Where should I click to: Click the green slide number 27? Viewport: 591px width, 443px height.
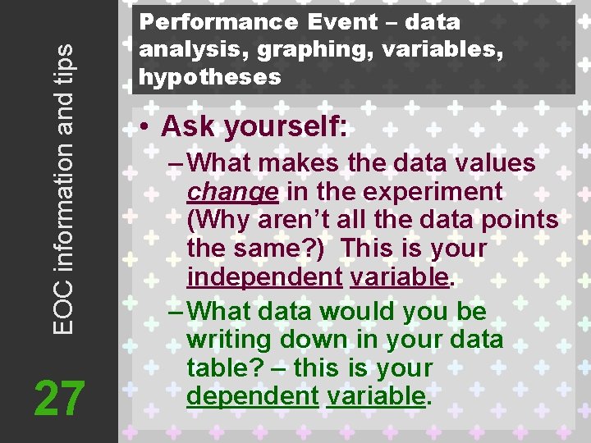click(x=59, y=400)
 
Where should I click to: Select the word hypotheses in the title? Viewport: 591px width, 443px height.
click(x=210, y=77)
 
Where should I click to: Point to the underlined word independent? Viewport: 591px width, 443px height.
click(x=263, y=277)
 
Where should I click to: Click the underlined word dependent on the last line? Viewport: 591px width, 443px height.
click(x=252, y=396)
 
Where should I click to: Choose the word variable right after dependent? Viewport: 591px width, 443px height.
click(x=376, y=396)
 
